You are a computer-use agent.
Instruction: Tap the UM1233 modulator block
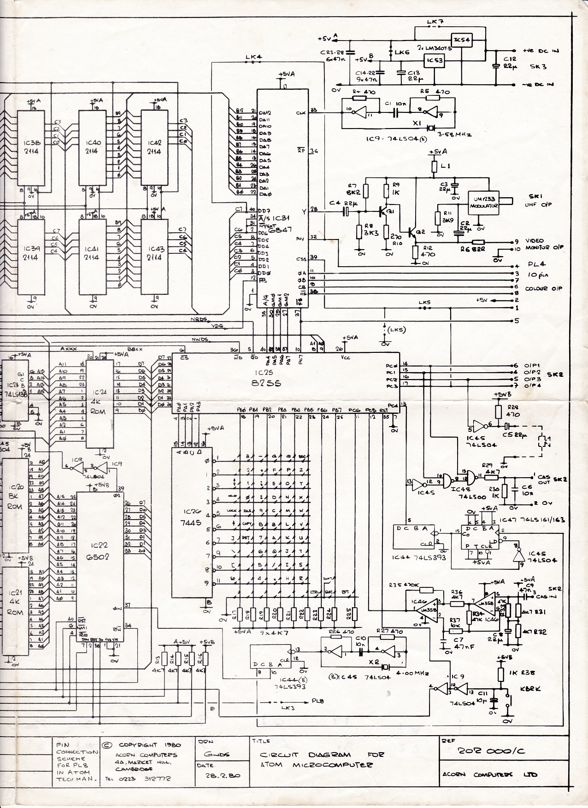483,204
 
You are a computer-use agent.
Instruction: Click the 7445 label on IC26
192,523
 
